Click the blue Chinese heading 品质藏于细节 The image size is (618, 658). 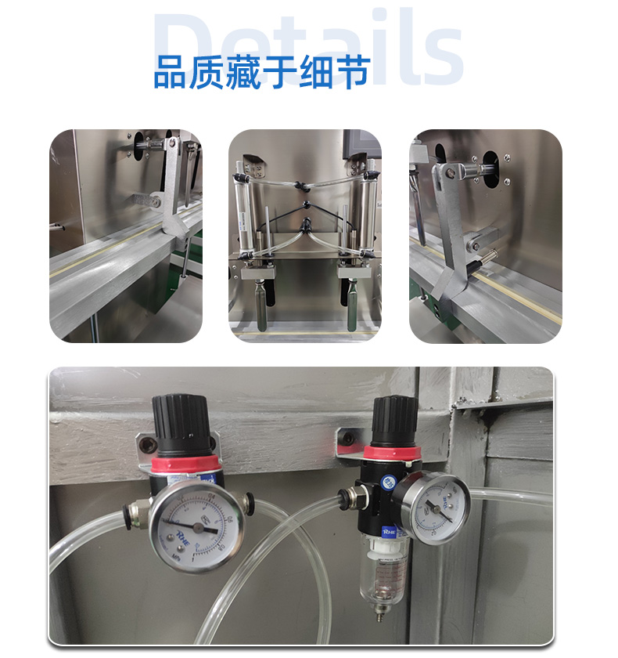pyautogui.click(x=260, y=71)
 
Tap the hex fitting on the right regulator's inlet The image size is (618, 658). pyautogui.click(x=348, y=495)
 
